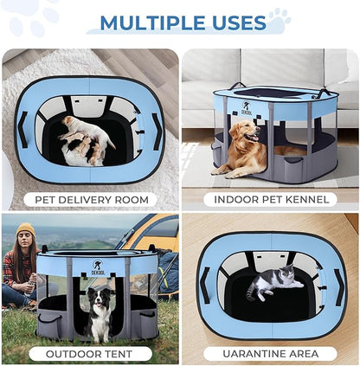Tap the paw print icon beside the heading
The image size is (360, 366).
(279, 16)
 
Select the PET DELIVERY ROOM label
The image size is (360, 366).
(89, 200)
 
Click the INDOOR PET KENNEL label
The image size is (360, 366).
(270, 200)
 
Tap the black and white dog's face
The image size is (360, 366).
(100, 303)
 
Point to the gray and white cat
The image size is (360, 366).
(272, 284)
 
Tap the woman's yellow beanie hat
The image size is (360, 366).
(25, 230)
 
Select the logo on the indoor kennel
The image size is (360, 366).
(222, 108)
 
